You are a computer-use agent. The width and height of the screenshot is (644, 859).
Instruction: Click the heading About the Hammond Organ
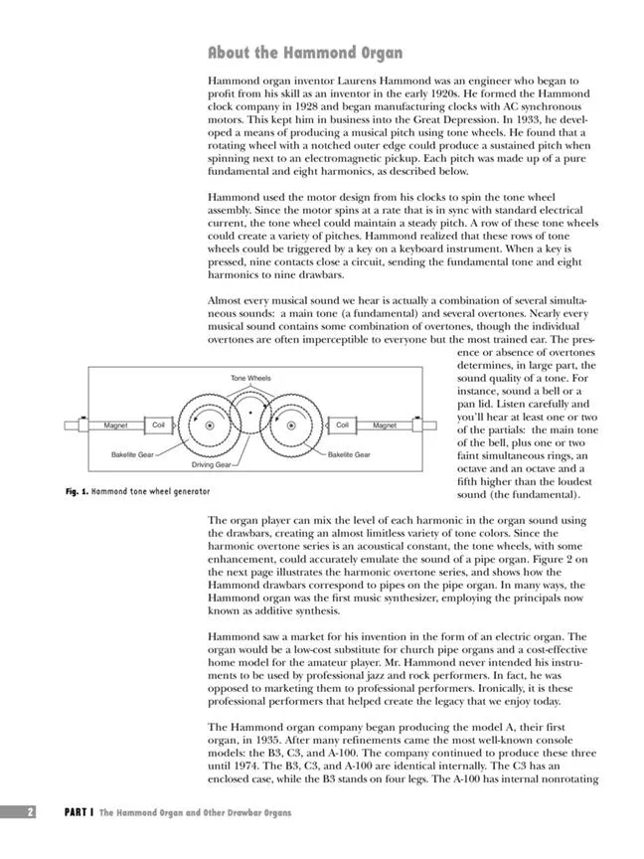(x=305, y=53)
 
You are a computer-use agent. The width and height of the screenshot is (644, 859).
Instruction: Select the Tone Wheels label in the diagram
(x=250, y=379)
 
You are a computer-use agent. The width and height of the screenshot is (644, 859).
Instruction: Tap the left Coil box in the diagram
(x=159, y=426)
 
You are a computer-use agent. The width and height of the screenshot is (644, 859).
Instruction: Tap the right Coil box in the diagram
(x=342, y=426)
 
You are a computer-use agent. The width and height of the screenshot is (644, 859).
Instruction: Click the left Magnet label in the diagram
(x=115, y=426)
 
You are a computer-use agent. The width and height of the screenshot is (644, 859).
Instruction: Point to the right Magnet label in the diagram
(x=385, y=426)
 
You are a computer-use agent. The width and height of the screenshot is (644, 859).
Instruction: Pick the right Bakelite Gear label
(x=349, y=454)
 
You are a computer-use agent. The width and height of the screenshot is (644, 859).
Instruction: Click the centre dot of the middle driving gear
(x=250, y=410)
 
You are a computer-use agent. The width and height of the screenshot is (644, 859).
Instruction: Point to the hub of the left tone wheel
(x=211, y=426)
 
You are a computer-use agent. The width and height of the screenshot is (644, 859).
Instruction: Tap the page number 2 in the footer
(x=31, y=812)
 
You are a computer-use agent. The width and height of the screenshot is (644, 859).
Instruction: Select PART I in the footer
(x=79, y=812)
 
